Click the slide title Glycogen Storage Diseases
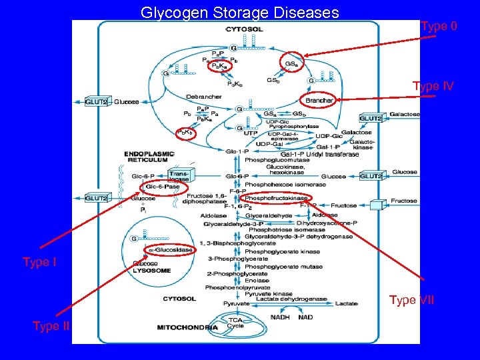coord(239,12)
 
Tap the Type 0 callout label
coord(439,26)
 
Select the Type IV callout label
coord(433,86)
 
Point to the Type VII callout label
coord(411,300)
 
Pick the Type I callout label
coord(39,262)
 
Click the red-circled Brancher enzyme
coord(319,101)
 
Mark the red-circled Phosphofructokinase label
coord(277,198)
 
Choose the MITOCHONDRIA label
coord(187,327)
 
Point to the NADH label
coord(280,317)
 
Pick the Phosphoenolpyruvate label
coord(234,287)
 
